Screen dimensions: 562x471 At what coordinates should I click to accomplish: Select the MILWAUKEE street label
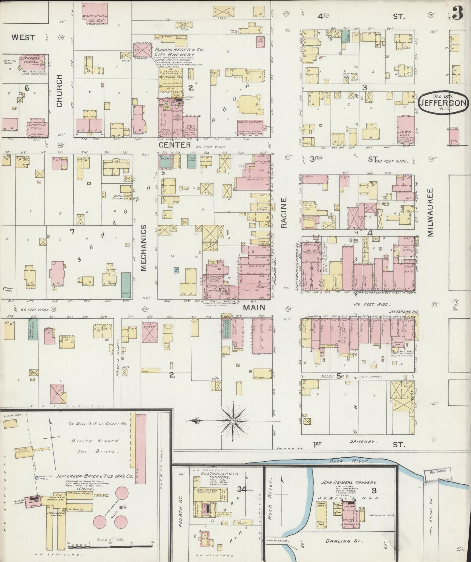coord(431,212)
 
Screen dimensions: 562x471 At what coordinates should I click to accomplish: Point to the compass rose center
coord(233,421)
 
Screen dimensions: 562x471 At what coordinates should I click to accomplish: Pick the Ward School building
coord(95,13)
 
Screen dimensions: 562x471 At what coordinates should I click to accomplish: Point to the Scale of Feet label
coord(110,539)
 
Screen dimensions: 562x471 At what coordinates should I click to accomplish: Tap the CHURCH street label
coord(59,91)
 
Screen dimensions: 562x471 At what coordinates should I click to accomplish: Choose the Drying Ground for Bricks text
coord(94,446)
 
